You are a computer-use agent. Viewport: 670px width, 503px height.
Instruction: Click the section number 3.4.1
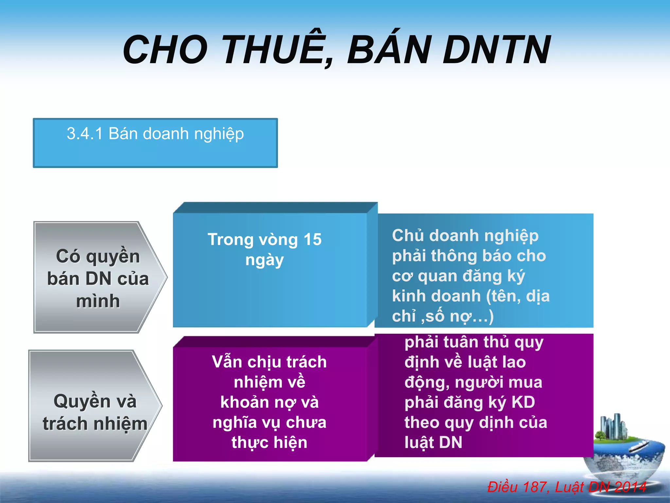[85, 134]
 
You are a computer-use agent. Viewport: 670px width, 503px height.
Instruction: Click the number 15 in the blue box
[312, 239]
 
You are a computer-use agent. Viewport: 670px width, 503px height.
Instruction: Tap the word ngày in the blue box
[264, 260]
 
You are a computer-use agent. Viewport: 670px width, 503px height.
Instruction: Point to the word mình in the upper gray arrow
[98, 301]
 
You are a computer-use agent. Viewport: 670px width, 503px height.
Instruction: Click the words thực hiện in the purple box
[269, 442]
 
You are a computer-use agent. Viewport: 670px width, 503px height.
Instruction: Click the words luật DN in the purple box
[433, 442]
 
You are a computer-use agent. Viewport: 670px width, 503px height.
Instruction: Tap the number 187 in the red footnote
[535, 487]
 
